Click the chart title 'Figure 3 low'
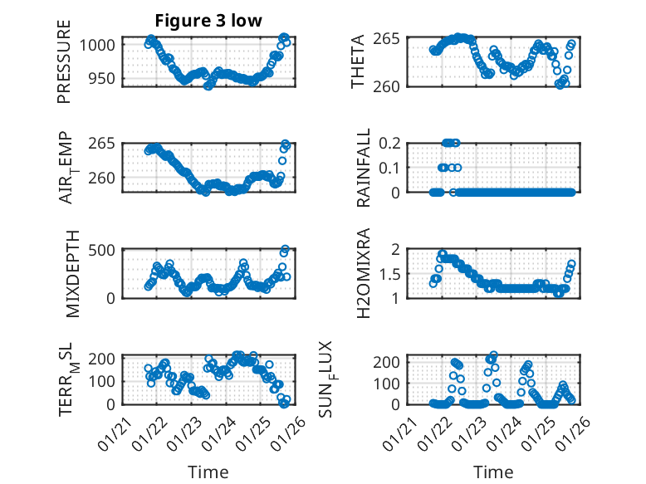pyautogui.click(x=208, y=21)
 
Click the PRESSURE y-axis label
pyautogui.click(x=64, y=62)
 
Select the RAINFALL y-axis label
pyautogui.click(x=364, y=168)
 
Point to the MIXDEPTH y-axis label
pyautogui.click(x=71, y=273)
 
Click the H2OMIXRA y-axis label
pyautogui.click(x=364, y=273)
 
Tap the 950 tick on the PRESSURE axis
pyautogui.click(x=106, y=79)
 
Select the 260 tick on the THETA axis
pyautogui.click(x=392, y=86)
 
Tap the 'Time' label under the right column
pyautogui.click(x=493, y=472)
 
